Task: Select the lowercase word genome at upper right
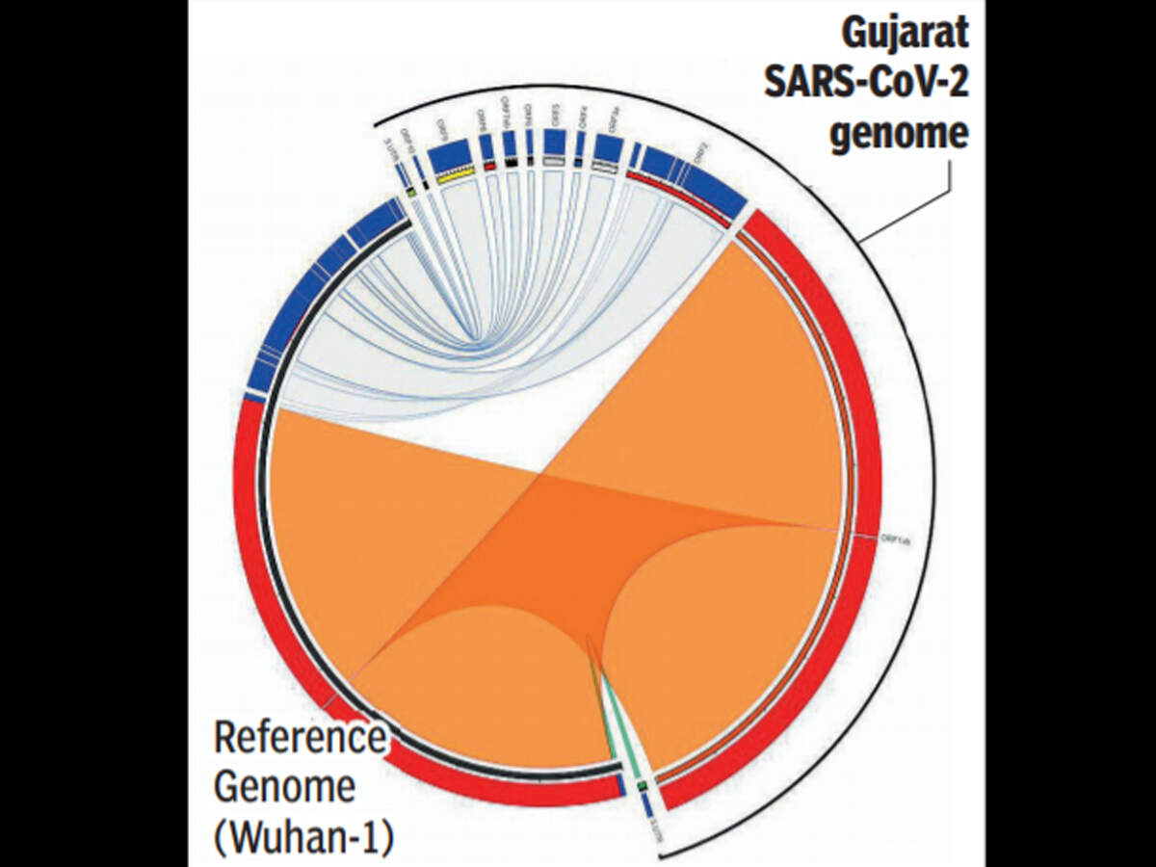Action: [x=899, y=133]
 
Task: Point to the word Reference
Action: [x=298, y=739]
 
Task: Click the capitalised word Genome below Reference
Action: [x=284, y=788]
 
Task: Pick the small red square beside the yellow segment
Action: [x=490, y=166]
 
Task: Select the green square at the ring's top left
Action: [x=410, y=192]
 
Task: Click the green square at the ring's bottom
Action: [x=641, y=785]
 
